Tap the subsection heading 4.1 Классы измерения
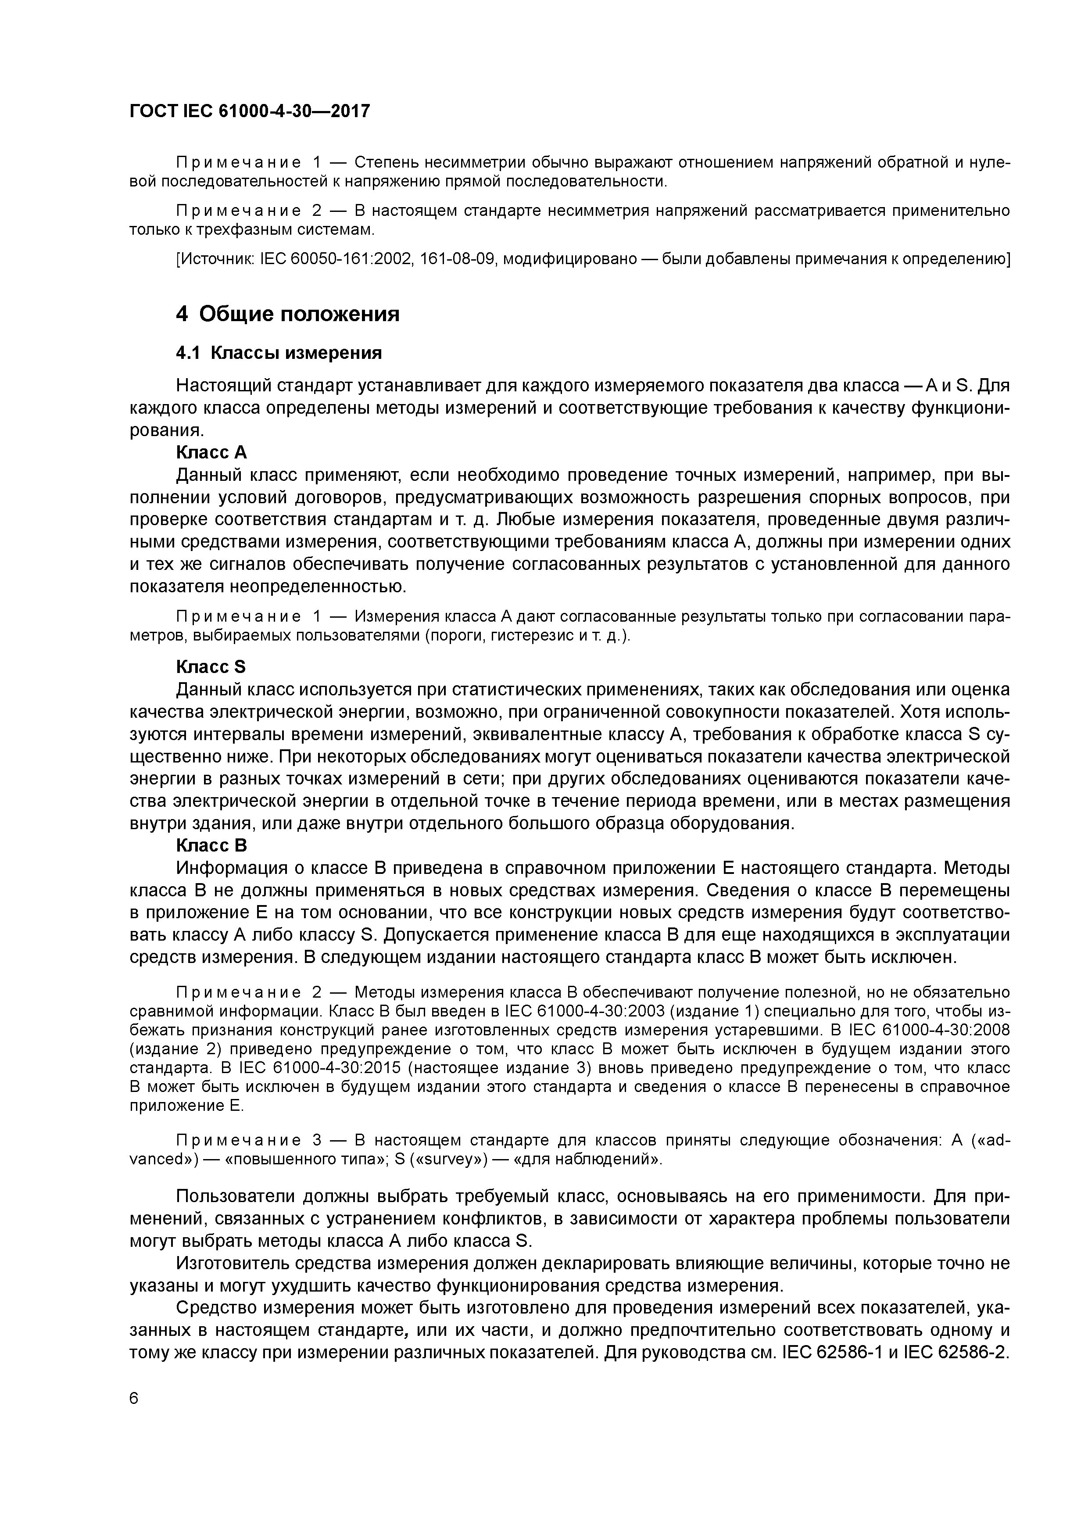click(x=279, y=353)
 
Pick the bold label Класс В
click(x=211, y=845)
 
